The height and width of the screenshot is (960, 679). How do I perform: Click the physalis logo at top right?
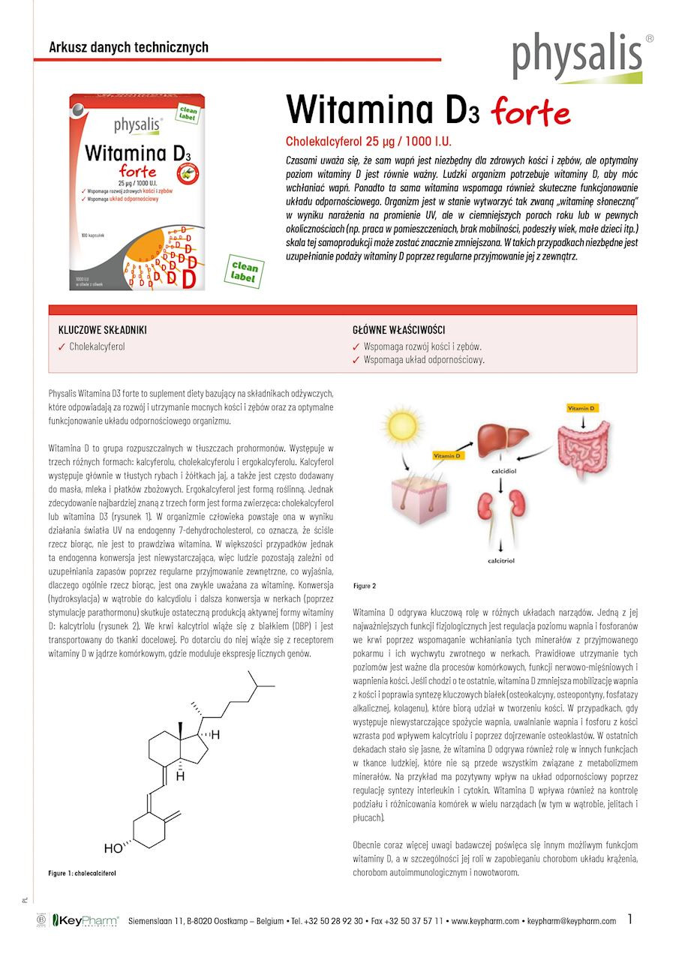(578, 56)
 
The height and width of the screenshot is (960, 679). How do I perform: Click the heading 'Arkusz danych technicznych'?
(128, 47)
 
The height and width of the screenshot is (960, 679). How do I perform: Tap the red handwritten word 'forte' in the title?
(530, 112)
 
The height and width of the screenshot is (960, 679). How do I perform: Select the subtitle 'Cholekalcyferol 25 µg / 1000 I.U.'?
(368, 141)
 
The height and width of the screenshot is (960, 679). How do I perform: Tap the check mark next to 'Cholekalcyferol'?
(62, 347)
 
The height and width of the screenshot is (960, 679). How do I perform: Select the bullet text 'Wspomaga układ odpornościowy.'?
(424, 360)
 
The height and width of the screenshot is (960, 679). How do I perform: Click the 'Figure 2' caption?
(365, 586)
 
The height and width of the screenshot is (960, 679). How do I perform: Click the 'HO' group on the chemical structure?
(113, 849)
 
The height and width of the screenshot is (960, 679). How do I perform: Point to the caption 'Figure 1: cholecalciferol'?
(82, 873)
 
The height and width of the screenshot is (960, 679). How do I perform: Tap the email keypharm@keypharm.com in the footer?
(572, 921)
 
